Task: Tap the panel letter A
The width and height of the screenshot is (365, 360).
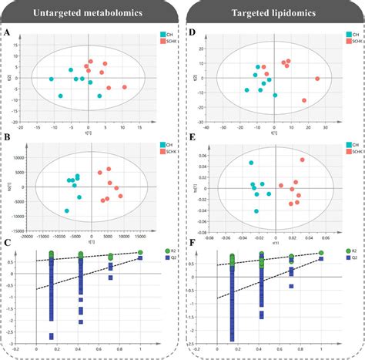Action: tap(7, 33)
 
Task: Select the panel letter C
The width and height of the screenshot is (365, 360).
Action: tap(7, 246)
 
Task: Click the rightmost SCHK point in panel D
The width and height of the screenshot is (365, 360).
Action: tap(316, 79)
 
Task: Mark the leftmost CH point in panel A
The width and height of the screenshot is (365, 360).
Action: tap(52, 79)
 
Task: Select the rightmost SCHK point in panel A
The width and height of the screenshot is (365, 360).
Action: tap(125, 87)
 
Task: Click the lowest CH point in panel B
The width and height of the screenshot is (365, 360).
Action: tap(67, 210)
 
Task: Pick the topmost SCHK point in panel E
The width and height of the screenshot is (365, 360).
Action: tap(303, 160)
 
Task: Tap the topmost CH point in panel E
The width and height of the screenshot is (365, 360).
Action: tap(250, 163)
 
